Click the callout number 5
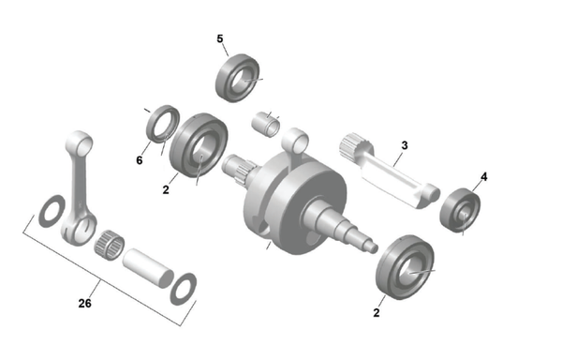(220, 38)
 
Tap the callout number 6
(140, 160)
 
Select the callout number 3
(405, 145)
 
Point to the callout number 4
(484, 177)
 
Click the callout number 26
(84, 304)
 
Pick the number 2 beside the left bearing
(166, 189)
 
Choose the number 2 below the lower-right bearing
(376, 313)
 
